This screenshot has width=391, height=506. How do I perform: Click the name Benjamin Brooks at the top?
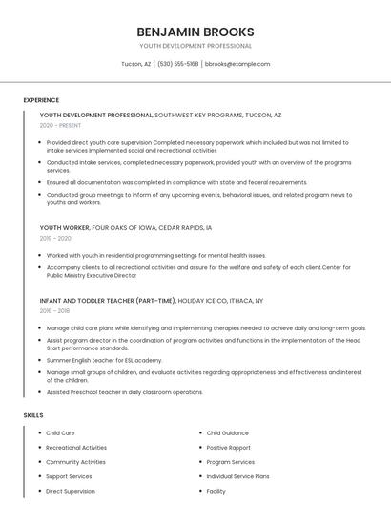point(195,31)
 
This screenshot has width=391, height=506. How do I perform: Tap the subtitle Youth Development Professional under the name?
point(195,46)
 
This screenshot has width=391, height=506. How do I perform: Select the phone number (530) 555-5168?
point(178,64)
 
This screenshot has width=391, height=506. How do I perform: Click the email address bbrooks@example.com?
point(238,64)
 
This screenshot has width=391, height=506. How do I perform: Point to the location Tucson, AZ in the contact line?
point(135,64)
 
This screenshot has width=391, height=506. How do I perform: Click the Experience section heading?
point(41,100)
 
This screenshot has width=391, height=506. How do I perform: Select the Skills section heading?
point(33,415)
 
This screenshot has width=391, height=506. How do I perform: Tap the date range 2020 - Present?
point(61,125)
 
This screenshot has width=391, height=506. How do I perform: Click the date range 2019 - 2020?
point(55,239)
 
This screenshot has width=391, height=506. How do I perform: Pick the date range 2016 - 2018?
point(54,310)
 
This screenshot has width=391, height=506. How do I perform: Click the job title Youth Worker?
point(64,228)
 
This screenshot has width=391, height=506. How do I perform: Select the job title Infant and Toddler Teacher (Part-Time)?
point(107,300)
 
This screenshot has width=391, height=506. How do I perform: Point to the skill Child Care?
point(60,433)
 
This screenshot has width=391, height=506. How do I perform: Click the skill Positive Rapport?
point(228,448)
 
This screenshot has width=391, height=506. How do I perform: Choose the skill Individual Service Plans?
point(237,476)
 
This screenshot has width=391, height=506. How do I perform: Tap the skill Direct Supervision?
point(71,491)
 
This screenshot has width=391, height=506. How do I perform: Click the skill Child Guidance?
point(227,433)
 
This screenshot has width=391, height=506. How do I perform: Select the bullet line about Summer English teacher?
point(104,360)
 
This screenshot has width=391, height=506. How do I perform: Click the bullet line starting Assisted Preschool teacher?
point(124,392)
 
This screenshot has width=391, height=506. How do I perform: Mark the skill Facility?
point(216,491)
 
